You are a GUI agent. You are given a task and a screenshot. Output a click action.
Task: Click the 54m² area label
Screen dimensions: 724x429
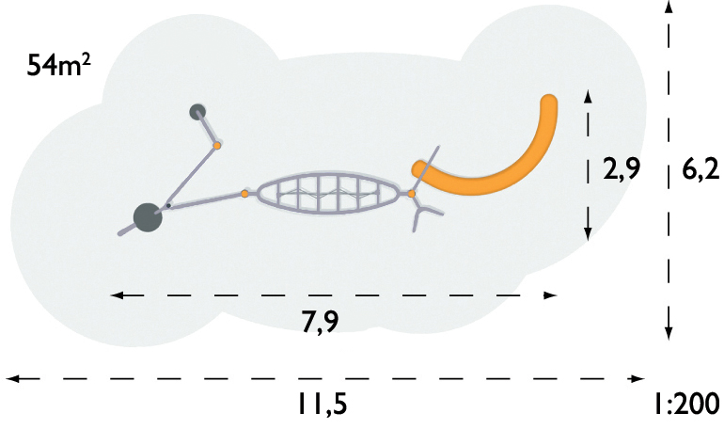coord(58,64)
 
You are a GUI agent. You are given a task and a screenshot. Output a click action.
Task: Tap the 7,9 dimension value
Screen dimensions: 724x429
coord(320,322)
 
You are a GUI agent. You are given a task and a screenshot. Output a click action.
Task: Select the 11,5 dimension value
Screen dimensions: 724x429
coord(322,404)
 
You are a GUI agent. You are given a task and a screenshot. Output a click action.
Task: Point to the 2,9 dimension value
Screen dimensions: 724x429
coord(622,168)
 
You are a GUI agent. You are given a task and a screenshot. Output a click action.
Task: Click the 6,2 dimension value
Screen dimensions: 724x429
coord(700,170)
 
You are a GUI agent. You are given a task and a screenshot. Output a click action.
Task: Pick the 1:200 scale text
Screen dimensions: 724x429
coord(686,404)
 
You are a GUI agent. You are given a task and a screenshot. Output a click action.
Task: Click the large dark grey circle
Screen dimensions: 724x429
coord(148,217)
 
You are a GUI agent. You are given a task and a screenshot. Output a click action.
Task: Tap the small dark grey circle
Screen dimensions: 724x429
coord(197,112)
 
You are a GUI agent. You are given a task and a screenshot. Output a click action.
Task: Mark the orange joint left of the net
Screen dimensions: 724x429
coord(244,194)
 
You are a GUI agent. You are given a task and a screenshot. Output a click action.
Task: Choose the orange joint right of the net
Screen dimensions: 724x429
coord(412,194)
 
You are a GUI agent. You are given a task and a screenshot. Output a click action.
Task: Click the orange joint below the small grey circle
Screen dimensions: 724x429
coord(217,146)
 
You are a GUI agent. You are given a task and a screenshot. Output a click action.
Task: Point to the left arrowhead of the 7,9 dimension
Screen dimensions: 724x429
coord(117,295)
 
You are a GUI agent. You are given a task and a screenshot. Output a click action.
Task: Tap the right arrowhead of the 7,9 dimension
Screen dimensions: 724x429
coord(551,295)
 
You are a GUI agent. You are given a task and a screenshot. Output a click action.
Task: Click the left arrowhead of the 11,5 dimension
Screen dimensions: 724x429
coord(12,378)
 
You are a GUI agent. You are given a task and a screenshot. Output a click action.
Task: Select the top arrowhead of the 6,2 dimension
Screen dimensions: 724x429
coord(669,6)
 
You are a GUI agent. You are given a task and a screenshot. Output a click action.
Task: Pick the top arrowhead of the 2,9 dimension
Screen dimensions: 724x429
coord(588,96)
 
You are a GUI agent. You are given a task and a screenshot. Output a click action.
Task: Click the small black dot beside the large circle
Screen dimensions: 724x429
coord(168,205)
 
